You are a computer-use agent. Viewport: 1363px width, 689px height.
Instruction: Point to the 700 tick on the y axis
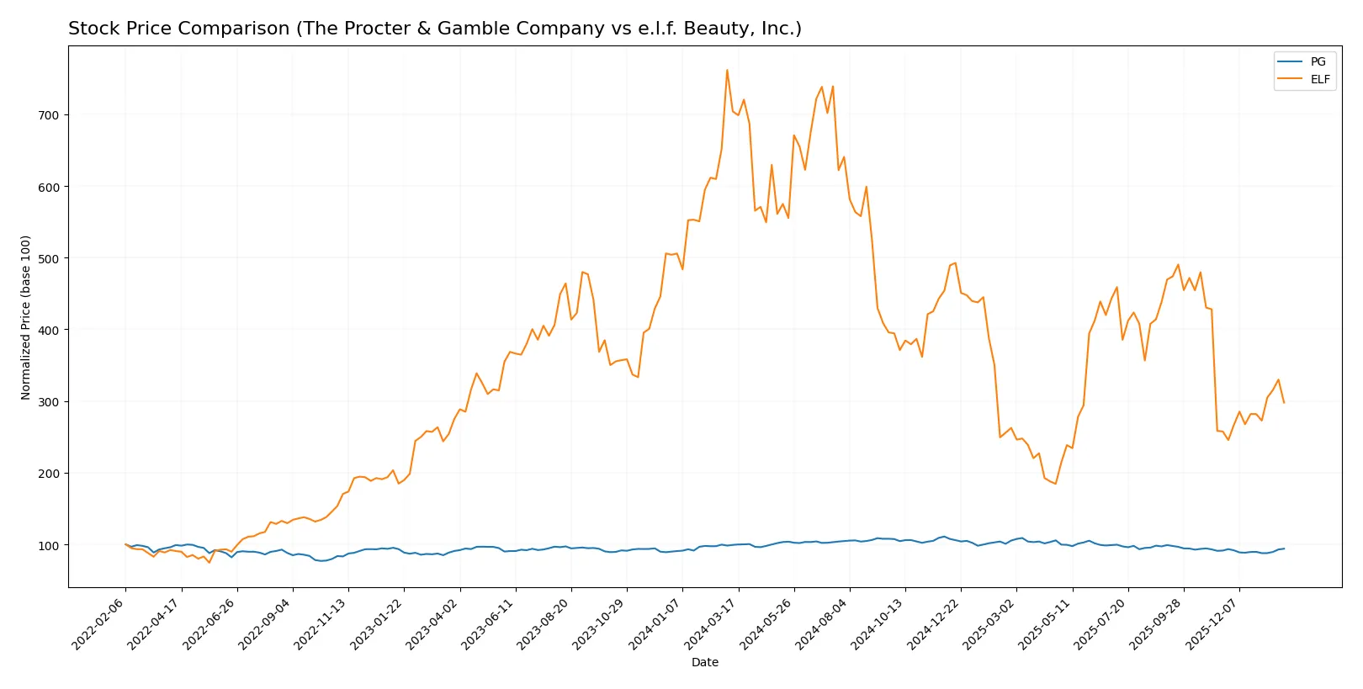point(49,115)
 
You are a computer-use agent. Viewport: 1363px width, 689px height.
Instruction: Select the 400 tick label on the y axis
point(49,330)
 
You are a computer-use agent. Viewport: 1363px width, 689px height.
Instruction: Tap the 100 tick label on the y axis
point(49,545)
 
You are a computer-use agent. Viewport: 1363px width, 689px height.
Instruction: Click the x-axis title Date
point(704,662)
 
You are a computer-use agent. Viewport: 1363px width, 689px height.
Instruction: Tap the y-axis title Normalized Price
point(26,317)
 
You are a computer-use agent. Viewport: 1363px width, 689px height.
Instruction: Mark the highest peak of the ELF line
point(727,70)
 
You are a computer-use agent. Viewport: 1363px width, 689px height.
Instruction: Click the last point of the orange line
point(1284,403)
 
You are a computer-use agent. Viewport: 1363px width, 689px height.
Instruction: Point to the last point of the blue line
point(1284,549)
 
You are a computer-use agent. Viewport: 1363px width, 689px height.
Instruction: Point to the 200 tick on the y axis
point(49,474)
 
